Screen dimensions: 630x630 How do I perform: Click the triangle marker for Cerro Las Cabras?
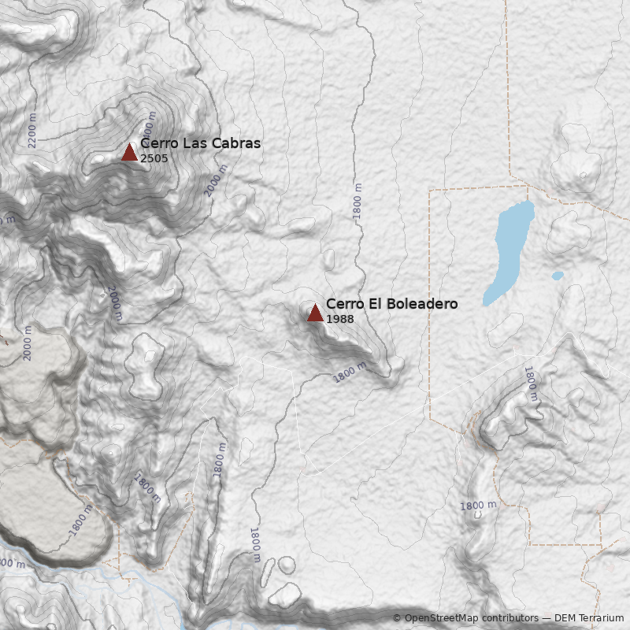(x=129, y=152)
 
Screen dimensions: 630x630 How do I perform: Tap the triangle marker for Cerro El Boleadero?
(x=315, y=313)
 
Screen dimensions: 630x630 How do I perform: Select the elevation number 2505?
(x=154, y=158)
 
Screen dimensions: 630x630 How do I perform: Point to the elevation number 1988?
(x=339, y=319)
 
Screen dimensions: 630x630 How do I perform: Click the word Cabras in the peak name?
(x=234, y=143)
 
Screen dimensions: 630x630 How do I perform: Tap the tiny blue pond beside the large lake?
(x=558, y=276)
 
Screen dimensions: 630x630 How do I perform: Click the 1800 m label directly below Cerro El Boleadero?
(x=349, y=372)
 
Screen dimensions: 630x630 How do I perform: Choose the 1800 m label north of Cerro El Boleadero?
(x=358, y=201)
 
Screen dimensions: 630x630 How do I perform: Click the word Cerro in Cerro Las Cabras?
(x=159, y=143)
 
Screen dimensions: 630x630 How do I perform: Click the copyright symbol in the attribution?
(x=397, y=618)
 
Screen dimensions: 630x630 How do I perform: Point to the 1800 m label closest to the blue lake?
(x=532, y=384)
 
